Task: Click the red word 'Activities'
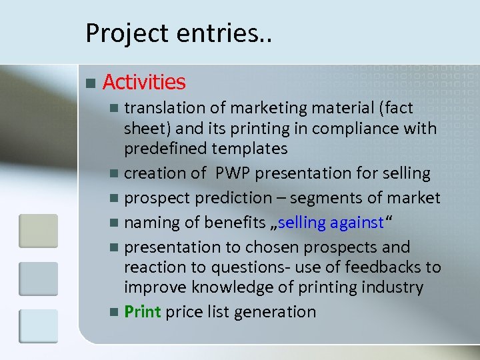click(144, 82)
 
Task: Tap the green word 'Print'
click(143, 311)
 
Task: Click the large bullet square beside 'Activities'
click(91, 83)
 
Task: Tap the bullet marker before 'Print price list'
click(116, 312)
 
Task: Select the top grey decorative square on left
click(38, 231)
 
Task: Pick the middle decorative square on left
click(38, 279)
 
